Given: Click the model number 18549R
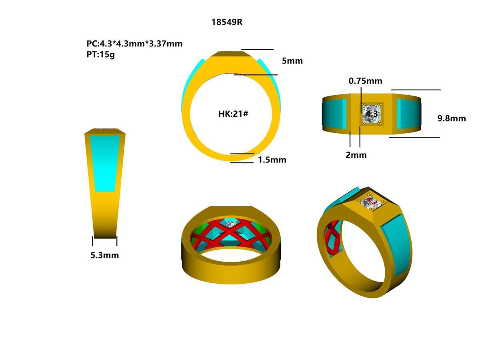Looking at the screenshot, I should [x=227, y=22].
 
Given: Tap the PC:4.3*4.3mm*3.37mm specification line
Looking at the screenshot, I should [x=134, y=44].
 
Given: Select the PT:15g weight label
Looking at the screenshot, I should [x=101, y=54].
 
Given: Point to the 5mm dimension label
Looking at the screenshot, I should [x=292, y=61].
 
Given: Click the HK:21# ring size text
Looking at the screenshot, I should [x=233, y=114].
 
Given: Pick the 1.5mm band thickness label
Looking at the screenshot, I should [x=272, y=160].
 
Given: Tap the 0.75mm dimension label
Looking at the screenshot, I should [x=365, y=81].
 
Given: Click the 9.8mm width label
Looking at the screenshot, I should [x=452, y=118].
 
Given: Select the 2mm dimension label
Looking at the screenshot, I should [x=356, y=155].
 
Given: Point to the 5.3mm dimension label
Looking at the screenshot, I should [x=104, y=255].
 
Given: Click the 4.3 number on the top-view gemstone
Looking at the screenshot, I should [x=372, y=114].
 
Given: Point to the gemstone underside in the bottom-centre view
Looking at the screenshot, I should [x=231, y=225].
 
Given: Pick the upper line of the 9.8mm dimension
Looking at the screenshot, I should [x=416, y=90].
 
